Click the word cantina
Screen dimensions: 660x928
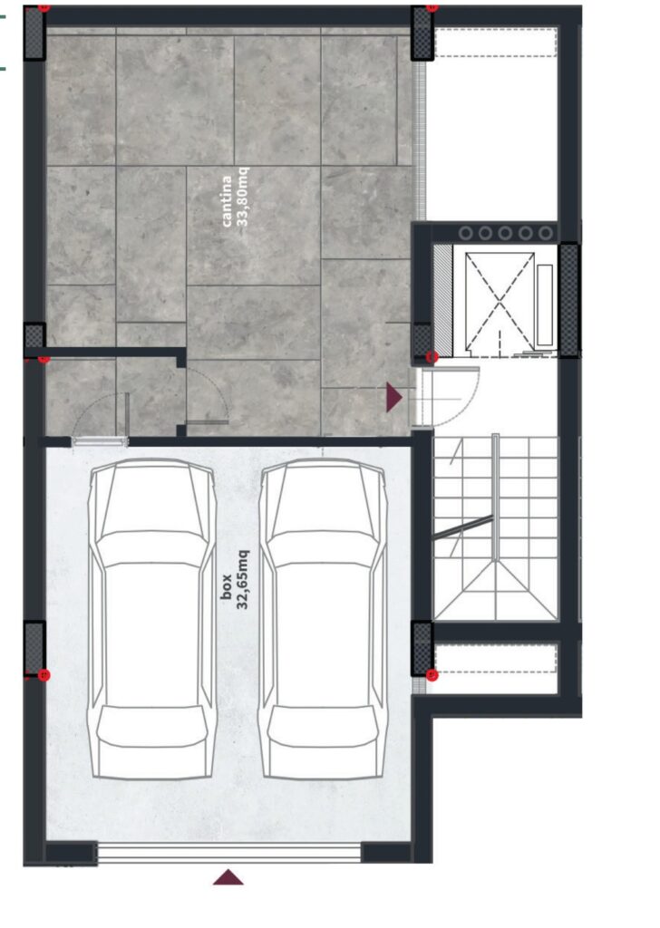tap(227, 201)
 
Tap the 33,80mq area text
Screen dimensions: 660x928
tap(243, 197)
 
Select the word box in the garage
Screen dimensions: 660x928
tap(226, 586)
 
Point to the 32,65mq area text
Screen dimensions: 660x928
tap(243, 580)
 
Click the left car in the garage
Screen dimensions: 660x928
tap(152, 618)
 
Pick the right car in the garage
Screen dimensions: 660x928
tap(323, 618)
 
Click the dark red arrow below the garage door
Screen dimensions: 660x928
tap(228, 877)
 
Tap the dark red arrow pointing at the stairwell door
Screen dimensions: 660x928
tap(394, 397)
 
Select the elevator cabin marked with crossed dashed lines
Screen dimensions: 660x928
tap(500, 303)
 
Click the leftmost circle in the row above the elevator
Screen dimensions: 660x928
tap(465, 233)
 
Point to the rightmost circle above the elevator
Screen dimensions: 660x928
tap(545, 233)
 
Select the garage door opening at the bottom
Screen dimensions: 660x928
tap(228, 853)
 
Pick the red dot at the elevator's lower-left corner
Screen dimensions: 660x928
tap(432, 357)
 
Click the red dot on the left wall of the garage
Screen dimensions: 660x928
tap(44, 675)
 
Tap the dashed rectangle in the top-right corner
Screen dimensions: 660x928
tap(496, 43)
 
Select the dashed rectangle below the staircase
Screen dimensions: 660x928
tap(496, 658)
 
